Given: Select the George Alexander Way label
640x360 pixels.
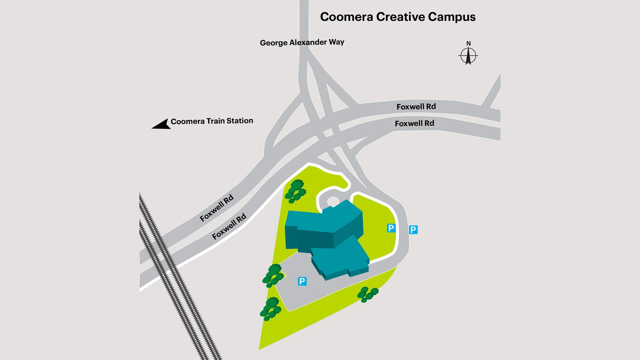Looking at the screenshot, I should pyautogui.click(x=302, y=42).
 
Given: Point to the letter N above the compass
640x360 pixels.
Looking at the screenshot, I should pyautogui.click(x=468, y=43).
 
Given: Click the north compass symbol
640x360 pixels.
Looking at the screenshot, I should pyautogui.click(x=468, y=56).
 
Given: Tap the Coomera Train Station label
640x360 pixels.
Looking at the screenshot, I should pyautogui.click(x=212, y=121).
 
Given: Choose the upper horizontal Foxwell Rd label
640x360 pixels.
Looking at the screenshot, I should pyautogui.click(x=416, y=107).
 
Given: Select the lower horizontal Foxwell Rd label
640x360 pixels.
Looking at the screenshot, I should pyautogui.click(x=414, y=124).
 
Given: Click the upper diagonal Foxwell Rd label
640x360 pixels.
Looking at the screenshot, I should pyautogui.click(x=217, y=208).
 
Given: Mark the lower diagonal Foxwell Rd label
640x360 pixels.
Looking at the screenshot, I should pyautogui.click(x=229, y=226).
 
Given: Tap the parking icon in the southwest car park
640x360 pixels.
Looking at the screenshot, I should pyautogui.click(x=302, y=281).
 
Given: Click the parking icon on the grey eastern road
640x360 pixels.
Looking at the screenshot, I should pyautogui.click(x=413, y=230).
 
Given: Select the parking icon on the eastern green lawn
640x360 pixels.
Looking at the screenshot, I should pyautogui.click(x=391, y=228).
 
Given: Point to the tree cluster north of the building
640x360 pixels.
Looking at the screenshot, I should pyautogui.click(x=296, y=191).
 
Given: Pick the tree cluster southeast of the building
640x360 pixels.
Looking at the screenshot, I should pyautogui.click(x=367, y=294).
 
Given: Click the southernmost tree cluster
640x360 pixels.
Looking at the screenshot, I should pyautogui.click(x=270, y=309).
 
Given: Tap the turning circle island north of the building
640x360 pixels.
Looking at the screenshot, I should pyautogui.click(x=333, y=202).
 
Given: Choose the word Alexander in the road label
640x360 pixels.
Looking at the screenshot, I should pyautogui.click(x=308, y=42).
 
